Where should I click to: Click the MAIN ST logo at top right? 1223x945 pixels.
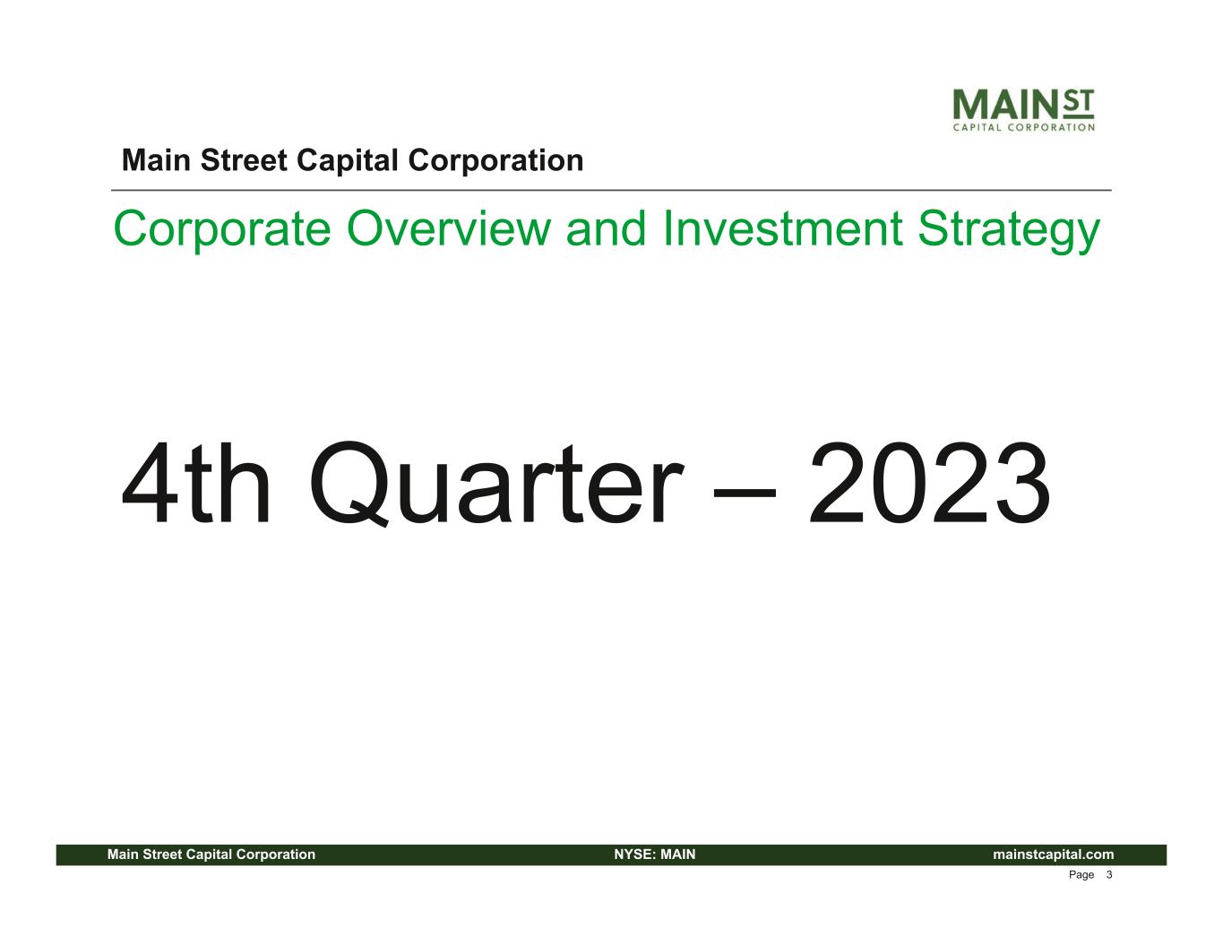[1024, 109]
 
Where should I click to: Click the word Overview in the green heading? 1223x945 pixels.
[449, 229]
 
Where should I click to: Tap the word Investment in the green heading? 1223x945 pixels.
[783, 229]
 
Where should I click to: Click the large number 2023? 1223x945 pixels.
[929, 483]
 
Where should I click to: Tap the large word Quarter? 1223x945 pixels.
[496, 485]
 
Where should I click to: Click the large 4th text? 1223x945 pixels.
[195, 483]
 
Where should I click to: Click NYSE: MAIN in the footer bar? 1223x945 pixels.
[655, 855]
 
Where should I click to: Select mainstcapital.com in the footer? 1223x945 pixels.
[1053, 855]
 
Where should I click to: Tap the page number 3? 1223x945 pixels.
[1109, 875]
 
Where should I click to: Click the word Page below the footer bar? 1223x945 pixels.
[1081, 875]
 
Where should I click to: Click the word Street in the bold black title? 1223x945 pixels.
[244, 161]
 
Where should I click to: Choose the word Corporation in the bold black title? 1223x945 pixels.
[495, 162]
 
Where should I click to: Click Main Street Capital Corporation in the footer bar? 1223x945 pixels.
[211, 855]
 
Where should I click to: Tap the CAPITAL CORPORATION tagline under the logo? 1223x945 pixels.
[1024, 127]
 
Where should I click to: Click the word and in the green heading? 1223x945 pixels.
[607, 229]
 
